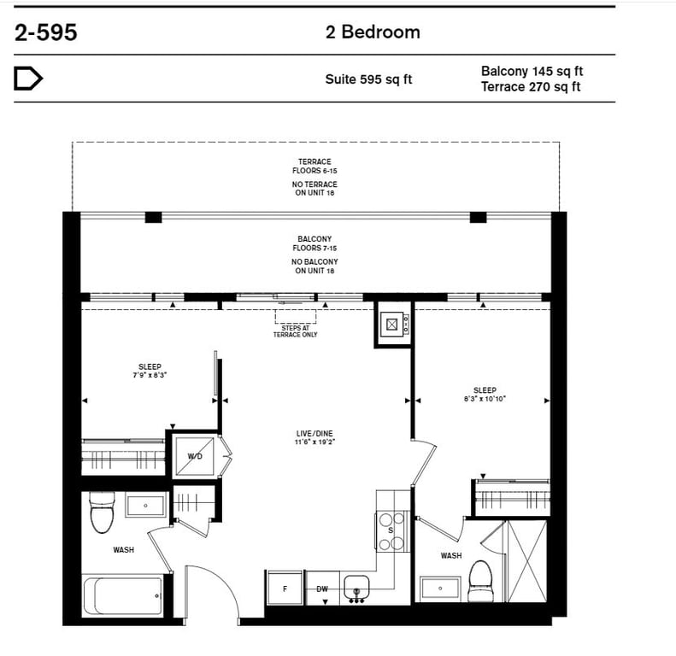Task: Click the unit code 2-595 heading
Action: tap(45, 32)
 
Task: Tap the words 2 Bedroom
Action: tap(373, 32)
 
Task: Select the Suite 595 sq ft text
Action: tap(368, 79)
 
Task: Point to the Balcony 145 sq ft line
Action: tap(532, 71)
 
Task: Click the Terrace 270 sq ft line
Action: tap(531, 86)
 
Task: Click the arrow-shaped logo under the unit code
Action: tap(28, 79)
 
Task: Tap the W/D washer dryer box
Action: tap(194, 456)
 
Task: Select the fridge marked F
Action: tap(285, 589)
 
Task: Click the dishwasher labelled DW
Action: tap(322, 589)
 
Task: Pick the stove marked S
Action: tap(391, 531)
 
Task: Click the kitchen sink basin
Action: tap(356, 588)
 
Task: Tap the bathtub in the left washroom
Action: tap(123, 596)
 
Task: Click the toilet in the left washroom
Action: tap(103, 512)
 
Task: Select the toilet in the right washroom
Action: tap(480, 581)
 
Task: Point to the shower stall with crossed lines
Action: tap(526, 561)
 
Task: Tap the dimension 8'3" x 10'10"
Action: tap(485, 399)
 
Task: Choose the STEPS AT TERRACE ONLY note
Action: tap(296, 331)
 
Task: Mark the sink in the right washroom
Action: tap(440, 588)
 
